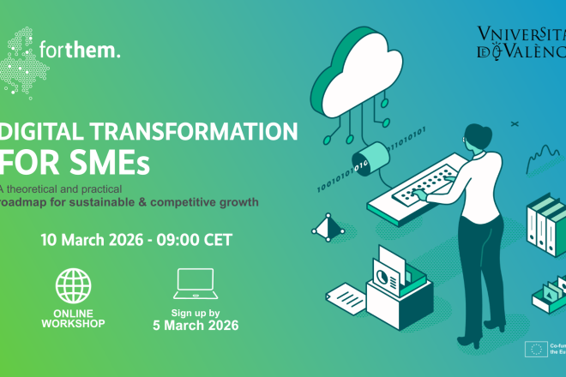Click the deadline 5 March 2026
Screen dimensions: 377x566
click(x=195, y=326)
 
